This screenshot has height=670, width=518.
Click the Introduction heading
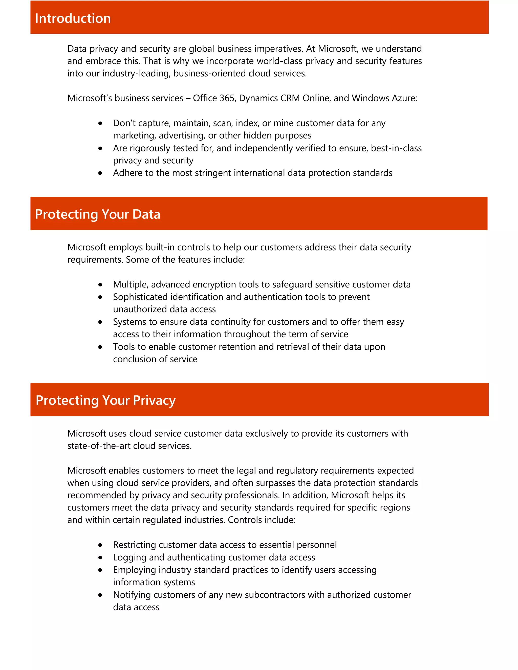pyautogui.click(x=73, y=18)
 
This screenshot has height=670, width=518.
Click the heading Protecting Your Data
pyautogui.click(x=98, y=214)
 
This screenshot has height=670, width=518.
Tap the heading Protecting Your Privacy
pyautogui.click(x=105, y=400)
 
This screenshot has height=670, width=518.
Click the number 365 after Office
pyautogui.click(x=227, y=98)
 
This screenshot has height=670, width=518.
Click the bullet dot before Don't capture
pyautogui.click(x=100, y=123)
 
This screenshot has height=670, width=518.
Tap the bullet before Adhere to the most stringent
pyautogui.click(x=100, y=173)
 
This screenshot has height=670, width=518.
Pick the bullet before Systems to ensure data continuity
pyautogui.click(x=100, y=322)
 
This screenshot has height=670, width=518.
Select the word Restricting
pyautogui.click(x=134, y=545)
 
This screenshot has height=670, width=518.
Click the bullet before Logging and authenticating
pyautogui.click(x=100, y=558)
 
